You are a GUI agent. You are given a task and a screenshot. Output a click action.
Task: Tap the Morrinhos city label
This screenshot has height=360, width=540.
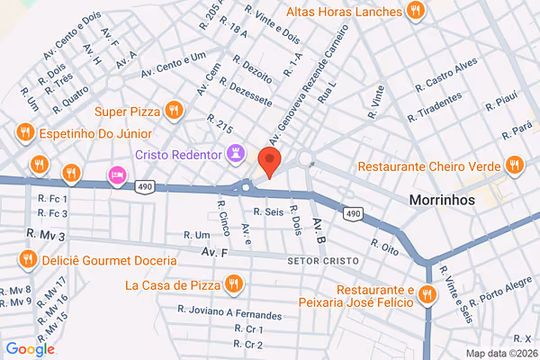coord(441,200)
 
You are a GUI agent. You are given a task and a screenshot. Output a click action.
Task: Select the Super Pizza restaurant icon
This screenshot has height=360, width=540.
coord(175,111)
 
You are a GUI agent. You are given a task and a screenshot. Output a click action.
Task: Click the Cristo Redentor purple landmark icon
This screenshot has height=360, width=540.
coord(236,154)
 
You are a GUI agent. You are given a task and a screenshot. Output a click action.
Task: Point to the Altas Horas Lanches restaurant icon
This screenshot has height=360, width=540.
coord(415,12)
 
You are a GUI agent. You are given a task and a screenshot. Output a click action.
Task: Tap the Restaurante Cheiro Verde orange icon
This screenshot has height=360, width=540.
coord(514,166)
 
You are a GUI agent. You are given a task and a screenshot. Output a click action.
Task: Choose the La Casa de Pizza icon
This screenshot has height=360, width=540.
coord(234,285)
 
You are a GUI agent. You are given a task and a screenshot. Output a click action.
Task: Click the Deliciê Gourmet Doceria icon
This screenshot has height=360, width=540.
coord(28,260)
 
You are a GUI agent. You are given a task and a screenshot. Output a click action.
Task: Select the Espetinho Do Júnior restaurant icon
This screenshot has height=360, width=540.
coord(23,134)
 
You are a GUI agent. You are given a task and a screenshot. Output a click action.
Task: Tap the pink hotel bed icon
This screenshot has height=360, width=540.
coord(116,175)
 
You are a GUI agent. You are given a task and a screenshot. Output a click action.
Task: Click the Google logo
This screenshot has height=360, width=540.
coord(30,349)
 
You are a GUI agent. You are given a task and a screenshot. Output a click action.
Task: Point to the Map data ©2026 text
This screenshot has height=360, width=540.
coord(500,352)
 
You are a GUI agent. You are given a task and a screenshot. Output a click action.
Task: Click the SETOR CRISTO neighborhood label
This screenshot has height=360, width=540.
coord(322,261)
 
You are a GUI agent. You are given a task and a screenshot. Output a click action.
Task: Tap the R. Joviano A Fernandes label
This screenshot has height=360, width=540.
coord(229,315)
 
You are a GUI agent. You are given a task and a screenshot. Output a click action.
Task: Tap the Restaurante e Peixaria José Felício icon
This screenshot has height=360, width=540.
coord(424,297)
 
